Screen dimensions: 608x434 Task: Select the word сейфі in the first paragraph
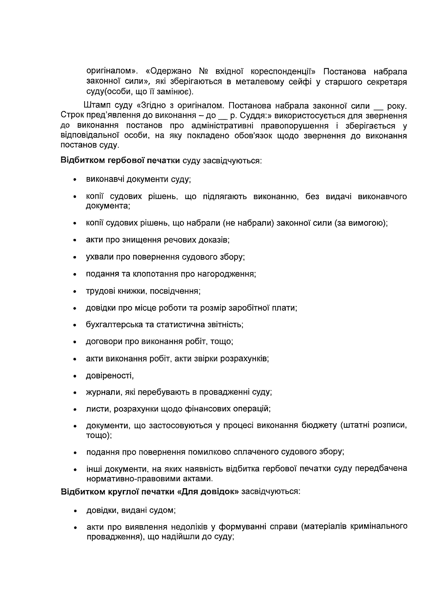point(300,82)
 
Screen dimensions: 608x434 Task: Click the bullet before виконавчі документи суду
point(75,180)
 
